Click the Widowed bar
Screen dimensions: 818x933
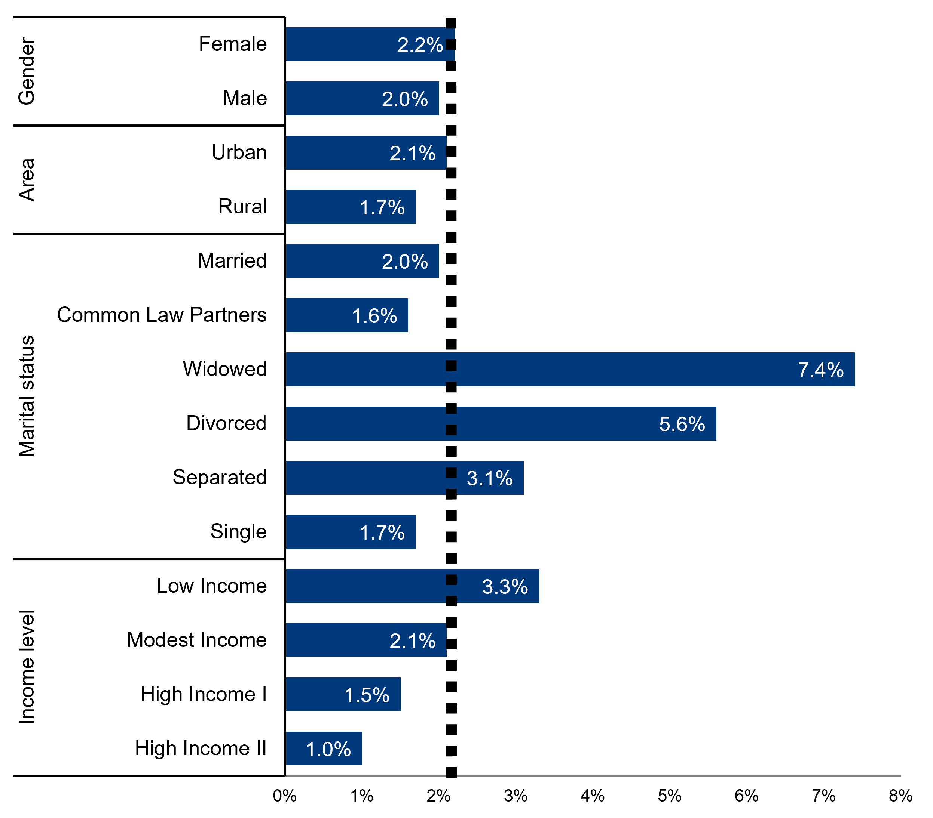[570, 369]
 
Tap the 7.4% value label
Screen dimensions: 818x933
[820, 370]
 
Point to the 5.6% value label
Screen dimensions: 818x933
[682, 424]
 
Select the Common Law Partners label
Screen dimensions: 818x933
[162, 315]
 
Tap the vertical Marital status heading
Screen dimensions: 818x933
[27, 396]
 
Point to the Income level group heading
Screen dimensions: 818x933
[27, 667]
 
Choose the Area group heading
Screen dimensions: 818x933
[27, 180]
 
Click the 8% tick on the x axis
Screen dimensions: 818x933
[900, 796]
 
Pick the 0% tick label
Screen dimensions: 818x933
[285, 796]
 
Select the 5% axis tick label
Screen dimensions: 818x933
[669, 796]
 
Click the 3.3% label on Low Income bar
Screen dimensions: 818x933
[505, 587]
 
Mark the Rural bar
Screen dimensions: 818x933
[351, 207]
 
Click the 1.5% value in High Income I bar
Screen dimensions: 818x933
[367, 695]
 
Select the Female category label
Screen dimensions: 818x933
[233, 44]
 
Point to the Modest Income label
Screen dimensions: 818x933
[197, 640]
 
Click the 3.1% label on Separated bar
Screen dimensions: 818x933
[489, 478]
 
